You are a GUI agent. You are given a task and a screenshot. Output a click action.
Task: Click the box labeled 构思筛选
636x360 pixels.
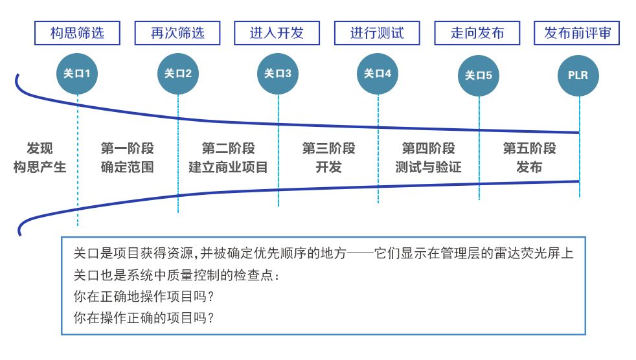click(77, 33)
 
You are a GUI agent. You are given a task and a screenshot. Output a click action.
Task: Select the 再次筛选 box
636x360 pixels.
click(177, 33)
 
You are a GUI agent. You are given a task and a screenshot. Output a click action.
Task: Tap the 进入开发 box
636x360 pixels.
click(277, 33)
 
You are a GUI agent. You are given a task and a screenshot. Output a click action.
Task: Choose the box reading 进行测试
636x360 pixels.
click(377, 33)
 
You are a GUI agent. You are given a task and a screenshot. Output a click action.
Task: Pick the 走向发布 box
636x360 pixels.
click(477, 33)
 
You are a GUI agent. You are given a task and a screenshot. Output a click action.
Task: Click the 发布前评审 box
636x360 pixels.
click(577, 33)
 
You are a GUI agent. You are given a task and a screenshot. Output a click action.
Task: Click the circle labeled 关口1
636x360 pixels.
click(77, 74)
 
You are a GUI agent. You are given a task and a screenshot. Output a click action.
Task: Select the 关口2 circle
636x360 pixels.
click(177, 74)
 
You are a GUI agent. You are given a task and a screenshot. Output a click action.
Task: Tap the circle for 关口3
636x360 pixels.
click(277, 74)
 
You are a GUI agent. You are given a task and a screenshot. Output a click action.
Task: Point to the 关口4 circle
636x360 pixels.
click(378, 74)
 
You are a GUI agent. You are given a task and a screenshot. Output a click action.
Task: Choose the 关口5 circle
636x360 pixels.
click(478, 76)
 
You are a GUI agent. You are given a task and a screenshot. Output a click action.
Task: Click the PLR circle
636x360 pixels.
click(578, 76)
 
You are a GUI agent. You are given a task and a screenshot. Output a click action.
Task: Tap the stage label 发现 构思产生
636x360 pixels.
click(40, 158)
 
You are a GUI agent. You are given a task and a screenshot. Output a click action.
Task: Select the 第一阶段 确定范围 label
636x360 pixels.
click(128, 158)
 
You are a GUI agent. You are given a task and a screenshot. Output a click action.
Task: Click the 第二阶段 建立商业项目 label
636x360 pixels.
click(228, 158)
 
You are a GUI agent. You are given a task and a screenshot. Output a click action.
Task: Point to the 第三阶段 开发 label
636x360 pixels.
click(328, 158)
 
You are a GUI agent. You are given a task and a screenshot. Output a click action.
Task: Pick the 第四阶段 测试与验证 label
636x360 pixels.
click(428, 158)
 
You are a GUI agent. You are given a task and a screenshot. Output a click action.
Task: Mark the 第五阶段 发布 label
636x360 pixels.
click(529, 158)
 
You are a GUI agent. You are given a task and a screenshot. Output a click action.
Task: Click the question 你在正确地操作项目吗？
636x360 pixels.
click(144, 297)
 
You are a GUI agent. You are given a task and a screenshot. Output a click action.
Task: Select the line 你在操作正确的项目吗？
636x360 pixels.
click(144, 318)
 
